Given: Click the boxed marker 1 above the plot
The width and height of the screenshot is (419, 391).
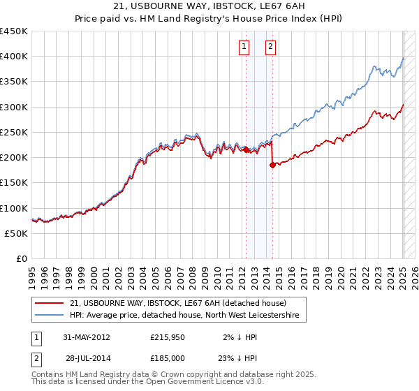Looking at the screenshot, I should tap(244, 47).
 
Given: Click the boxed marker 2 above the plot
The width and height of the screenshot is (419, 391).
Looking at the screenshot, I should tap(270, 47).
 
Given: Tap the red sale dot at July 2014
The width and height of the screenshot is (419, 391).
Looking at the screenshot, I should tap(272, 165).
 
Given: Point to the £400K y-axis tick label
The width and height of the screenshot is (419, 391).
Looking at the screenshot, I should tap(14, 57).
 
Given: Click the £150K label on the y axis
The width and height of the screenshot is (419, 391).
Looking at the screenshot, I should tap(14, 182).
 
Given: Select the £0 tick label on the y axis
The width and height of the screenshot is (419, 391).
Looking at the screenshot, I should tap(22, 258).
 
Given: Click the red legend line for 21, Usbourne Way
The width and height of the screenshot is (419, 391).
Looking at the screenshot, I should tap(50, 303).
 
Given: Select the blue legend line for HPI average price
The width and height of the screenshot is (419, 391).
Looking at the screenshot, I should tap(50, 316).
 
